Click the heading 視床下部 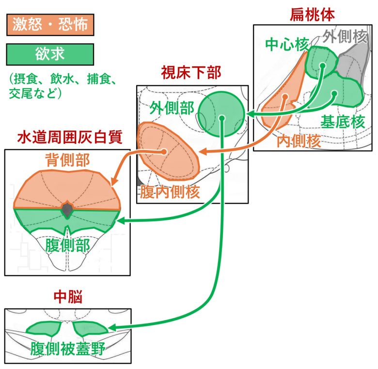point(191,74)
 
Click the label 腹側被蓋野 point(67,350)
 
